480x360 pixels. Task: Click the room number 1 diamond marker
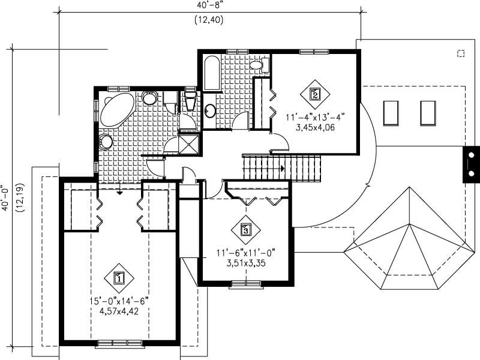click(119, 278)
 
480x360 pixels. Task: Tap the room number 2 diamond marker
click(314, 94)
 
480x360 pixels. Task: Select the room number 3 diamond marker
click(245, 229)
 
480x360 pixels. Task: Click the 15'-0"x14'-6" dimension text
click(119, 301)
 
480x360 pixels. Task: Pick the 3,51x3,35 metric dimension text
click(246, 263)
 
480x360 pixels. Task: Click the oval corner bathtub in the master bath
click(118, 109)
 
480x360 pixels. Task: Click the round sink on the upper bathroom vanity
click(210, 110)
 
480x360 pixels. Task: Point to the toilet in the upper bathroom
click(256, 64)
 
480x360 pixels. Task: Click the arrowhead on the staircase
click(281, 169)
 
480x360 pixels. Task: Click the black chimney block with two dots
click(471, 164)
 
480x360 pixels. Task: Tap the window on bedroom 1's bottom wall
click(120, 343)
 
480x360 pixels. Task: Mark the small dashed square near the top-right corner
click(461, 53)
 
